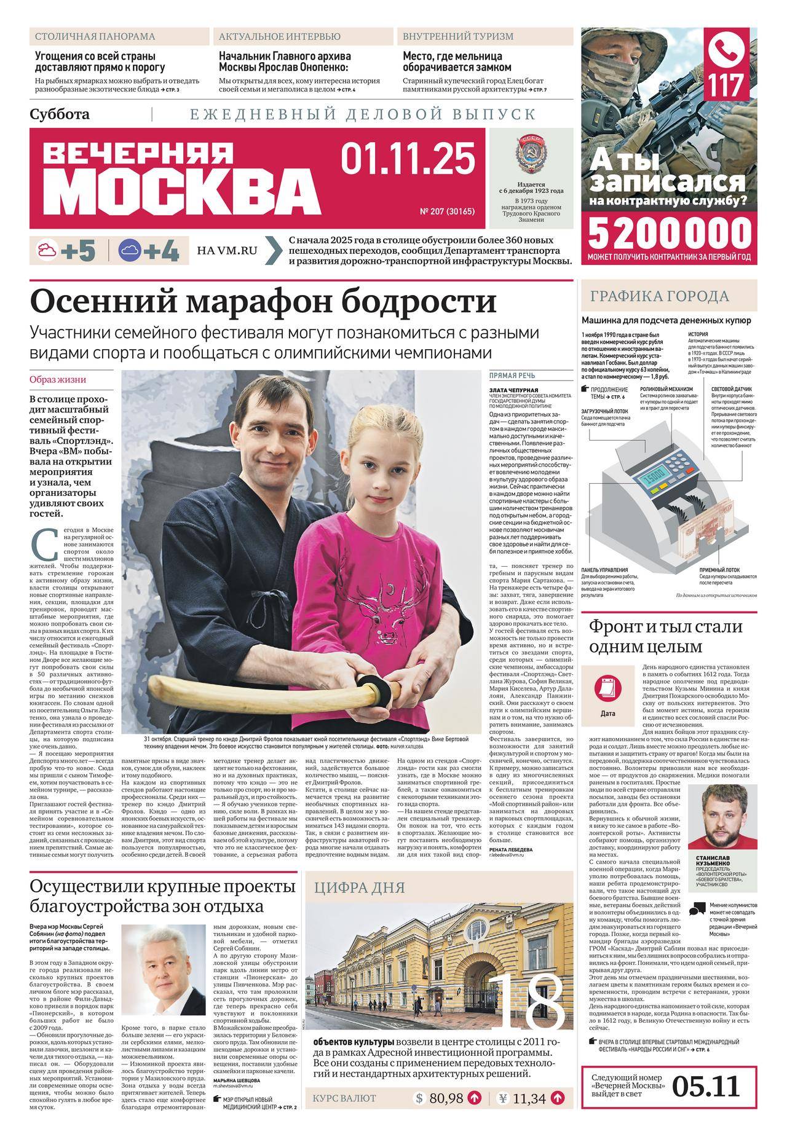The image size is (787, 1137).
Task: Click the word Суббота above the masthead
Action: click(59, 114)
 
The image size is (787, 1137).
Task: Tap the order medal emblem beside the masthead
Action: click(528, 154)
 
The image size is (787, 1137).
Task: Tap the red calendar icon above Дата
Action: click(607, 687)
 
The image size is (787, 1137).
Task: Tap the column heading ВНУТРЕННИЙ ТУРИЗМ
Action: click(458, 36)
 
